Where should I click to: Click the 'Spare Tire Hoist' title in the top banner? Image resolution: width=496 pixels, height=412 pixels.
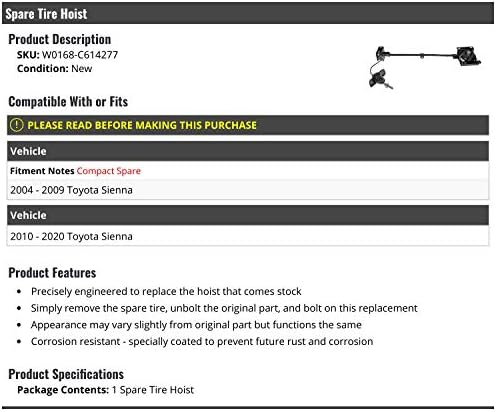tap(46, 14)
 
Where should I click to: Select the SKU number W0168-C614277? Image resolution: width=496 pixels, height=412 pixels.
tap(80, 55)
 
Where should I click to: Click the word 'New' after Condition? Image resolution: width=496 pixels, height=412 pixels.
tap(82, 69)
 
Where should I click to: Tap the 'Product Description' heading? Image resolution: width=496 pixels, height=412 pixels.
tap(60, 39)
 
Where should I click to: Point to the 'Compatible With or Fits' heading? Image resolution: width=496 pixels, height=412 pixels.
tap(68, 102)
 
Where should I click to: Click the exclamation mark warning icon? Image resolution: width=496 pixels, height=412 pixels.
tap(17, 125)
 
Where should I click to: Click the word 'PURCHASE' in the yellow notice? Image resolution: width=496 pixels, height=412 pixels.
tap(230, 125)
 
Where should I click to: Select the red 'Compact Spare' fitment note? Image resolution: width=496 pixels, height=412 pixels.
tap(109, 171)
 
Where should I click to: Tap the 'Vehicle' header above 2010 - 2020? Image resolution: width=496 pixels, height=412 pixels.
tap(28, 215)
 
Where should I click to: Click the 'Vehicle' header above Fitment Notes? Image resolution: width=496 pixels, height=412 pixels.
tap(28, 151)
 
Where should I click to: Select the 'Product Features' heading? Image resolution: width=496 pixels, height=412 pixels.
tap(52, 273)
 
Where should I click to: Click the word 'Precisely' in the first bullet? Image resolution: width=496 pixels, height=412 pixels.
tap(51, 292)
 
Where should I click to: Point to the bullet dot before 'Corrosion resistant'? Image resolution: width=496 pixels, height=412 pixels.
tap(19, 342)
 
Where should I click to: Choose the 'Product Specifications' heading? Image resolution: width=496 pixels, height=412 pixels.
tap(66, 374)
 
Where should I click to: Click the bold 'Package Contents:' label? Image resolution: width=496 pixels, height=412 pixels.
tap(63, 390)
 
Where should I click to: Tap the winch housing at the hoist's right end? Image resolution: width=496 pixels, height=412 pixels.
tap(468, 55)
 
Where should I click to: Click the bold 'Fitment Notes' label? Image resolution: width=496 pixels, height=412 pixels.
tap(42, 171)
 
